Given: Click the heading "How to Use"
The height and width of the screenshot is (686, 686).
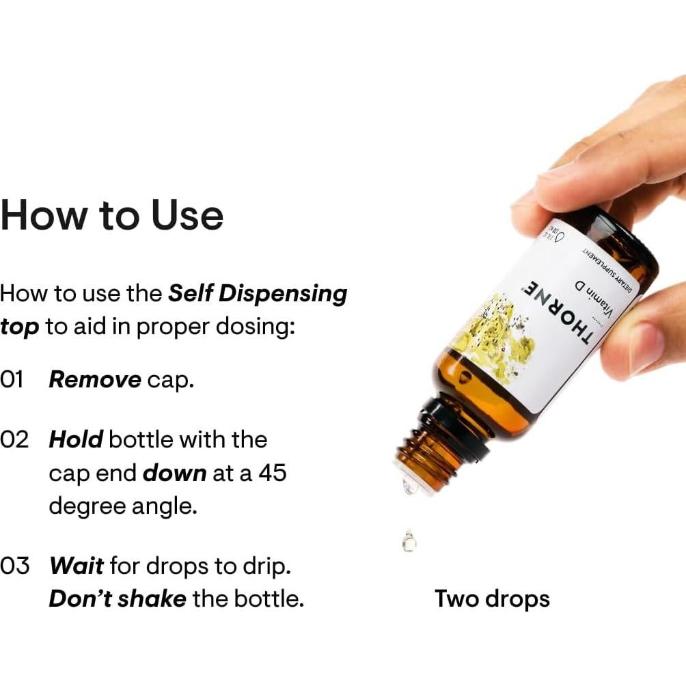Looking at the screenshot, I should [x=112, y=215].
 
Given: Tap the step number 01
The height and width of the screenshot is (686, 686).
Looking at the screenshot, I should [x=12, y=380].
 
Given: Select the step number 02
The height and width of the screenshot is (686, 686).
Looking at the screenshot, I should [x=14, y=439].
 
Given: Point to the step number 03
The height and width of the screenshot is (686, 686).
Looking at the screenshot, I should [x=15, y=566].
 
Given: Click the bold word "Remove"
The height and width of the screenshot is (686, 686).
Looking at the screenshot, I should [x=95, y=380].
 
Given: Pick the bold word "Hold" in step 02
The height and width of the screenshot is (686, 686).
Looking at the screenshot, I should [x=76, y=439].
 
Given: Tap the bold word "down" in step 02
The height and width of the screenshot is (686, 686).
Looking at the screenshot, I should [x=174, y=473].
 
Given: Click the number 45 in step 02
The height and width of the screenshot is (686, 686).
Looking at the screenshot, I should [x=272, y=473].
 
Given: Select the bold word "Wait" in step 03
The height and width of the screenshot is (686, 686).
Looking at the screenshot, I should [x=77, y=566].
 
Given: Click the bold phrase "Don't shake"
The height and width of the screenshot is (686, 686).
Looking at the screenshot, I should [x=117, y=599].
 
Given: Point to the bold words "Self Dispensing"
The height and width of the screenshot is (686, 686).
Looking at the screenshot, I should [x=258, y=293].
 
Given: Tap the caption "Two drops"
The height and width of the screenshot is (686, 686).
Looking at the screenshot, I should [x=492, y=599].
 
